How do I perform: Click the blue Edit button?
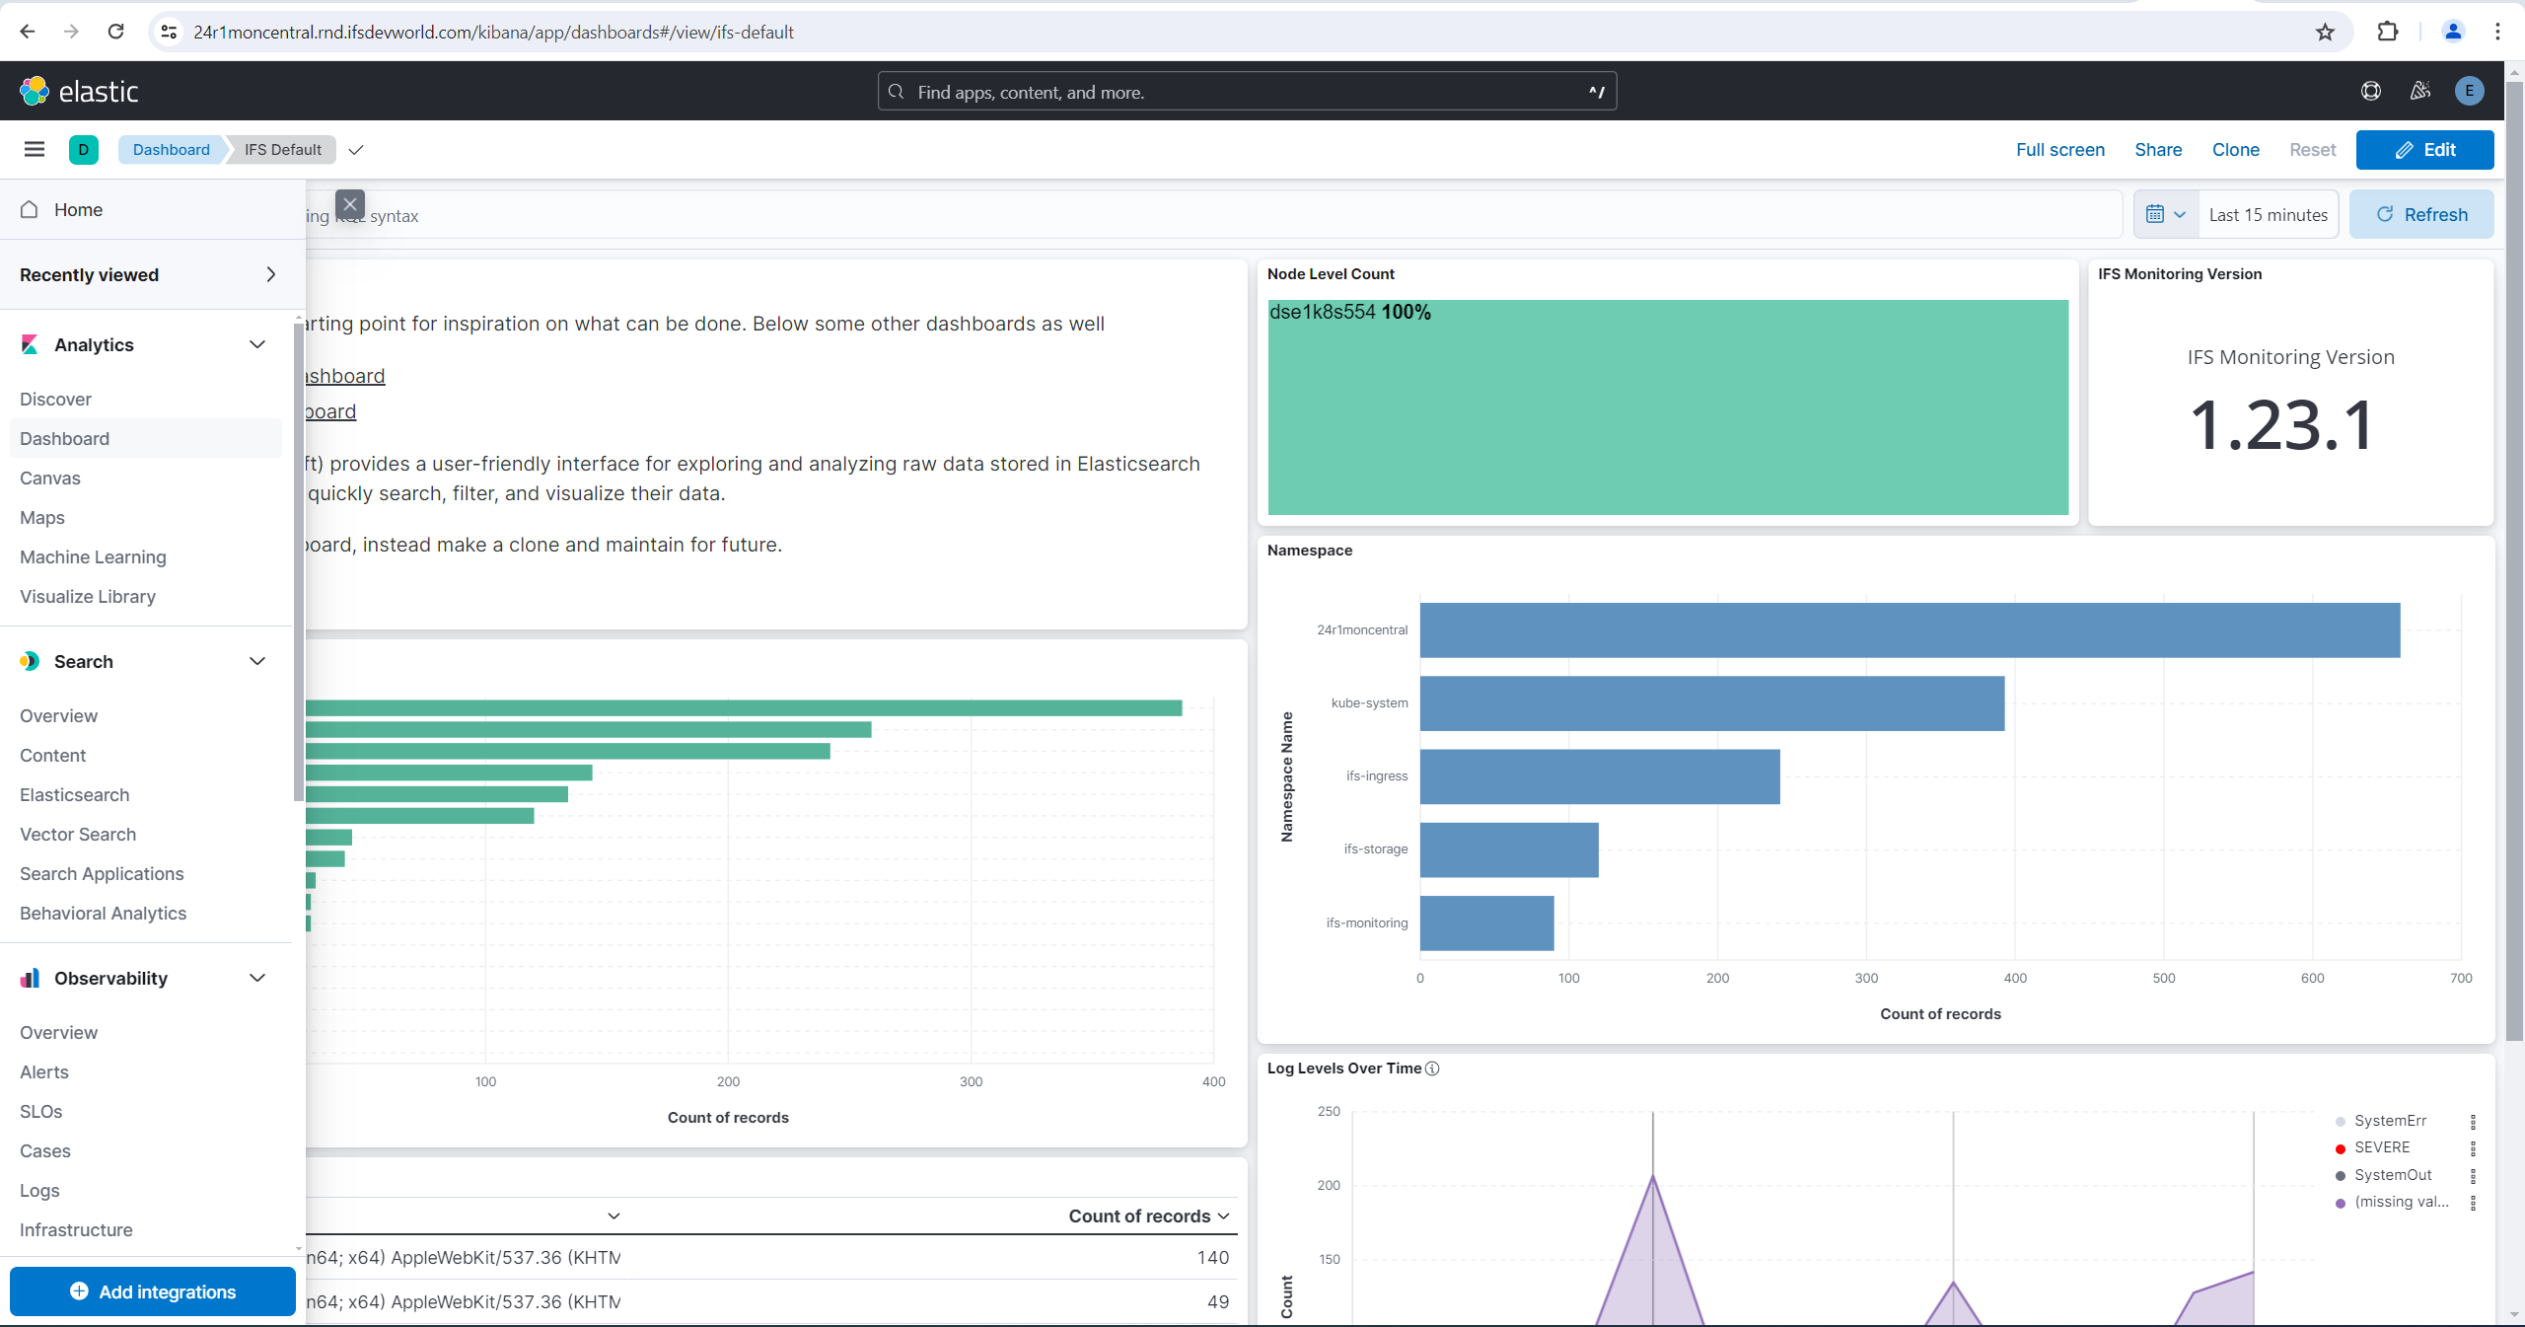click(x=2424, y=150)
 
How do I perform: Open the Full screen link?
click(x=2059, y=150)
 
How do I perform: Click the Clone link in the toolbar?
click(x=2235, y=150)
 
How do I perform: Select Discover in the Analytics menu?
click(x=55, y=399)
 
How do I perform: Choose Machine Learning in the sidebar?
click(x=93, y=556)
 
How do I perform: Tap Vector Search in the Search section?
click(x=78, y=834)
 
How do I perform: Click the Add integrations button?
click(x=153, y=1291)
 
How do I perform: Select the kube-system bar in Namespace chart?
click(x=1711, y=703)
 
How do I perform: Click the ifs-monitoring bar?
click(x=1486, y=922)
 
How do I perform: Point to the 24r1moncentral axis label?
click(x=1361, y=629)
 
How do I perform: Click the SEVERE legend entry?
click(x=2381, y=1147)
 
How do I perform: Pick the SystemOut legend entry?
click(x=2392, y=1175)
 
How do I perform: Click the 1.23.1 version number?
click(x=2280, y=426)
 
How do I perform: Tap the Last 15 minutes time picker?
click(x=2268, y=215)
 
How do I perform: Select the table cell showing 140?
click(x=1212, y=1257)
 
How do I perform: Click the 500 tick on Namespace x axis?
click(x=2163, y=978)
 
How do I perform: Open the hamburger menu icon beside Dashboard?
click(x=35, y=150)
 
